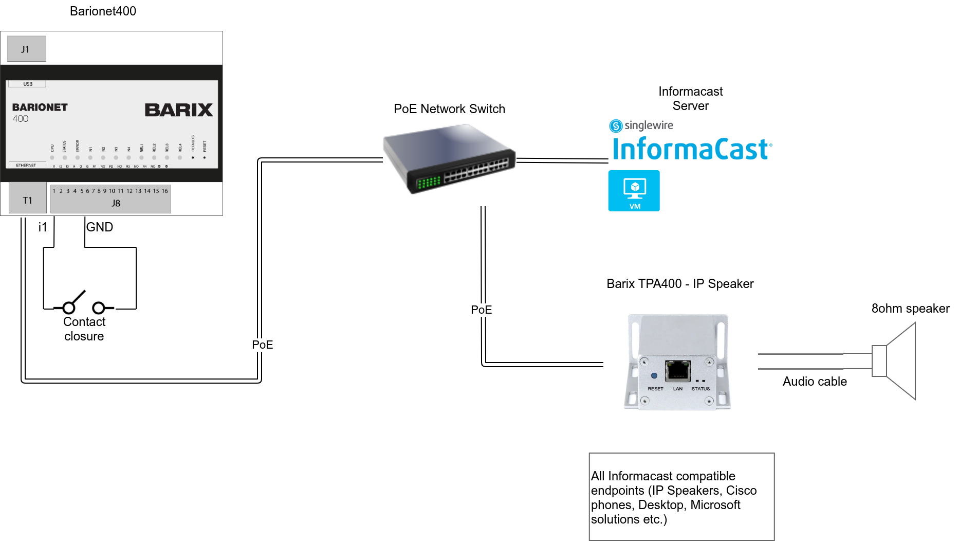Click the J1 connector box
(x=27, y=49)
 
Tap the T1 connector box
(x=28, y=200)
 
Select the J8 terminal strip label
(x=116, y=203)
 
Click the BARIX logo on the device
(x=178, y=110)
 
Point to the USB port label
(x=28, y=84)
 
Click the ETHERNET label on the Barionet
(x=26, y=165)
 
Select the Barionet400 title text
(x=103, y=11)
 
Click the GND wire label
(x=100, y=227)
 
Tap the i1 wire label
(x=43, y=227)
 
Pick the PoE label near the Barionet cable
(x=262, y=345)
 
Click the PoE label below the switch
(x=481, y=310)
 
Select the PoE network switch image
(x=449, y=158)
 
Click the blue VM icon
(x=634, y=191)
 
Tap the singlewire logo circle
(x=615, y=125)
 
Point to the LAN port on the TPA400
(x=677, y=370)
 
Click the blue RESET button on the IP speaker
(x=654, y=376)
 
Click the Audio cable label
(x=815, y=381)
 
